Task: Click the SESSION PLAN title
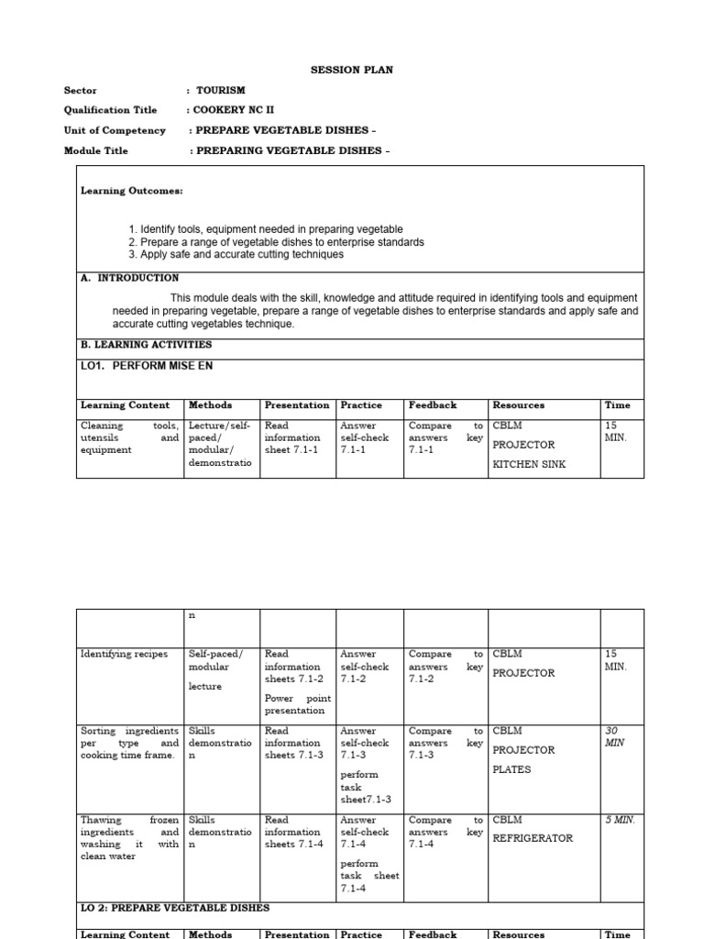[x=352, y=71]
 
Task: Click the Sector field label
[x=80, y=91]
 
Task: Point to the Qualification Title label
[x=104, y=110]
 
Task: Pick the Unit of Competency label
[x=115, y=130]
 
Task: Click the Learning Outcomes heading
[x=132, y=191]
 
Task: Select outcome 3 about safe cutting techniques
[x=236, y=254]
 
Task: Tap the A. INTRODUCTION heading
[x=130, y=277]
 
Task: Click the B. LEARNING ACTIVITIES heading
[x=146, y=345]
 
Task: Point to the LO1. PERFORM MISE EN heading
[x=150, y=366]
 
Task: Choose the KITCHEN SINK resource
[x=529, y=464]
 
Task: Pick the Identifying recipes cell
[x=124, y=654]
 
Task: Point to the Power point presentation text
[x=294, y=704]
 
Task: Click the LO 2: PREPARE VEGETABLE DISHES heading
[x=175, y=908]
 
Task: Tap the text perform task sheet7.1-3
[x=365, y=787]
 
